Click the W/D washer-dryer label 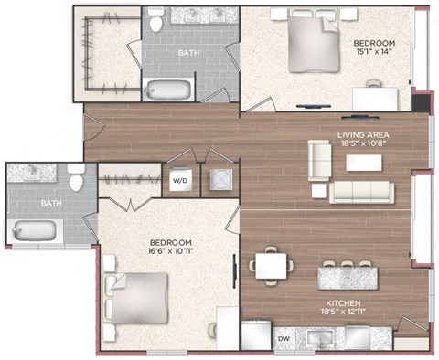tap(180, 180)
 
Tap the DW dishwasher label tap(284, 338)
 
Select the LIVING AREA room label tap(363, 135)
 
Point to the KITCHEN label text tap(343, 303)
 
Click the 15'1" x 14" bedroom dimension tap(372, 51)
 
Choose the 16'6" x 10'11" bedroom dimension tap(171, 251)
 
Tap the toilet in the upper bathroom tap(155, 20)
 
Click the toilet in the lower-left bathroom tap(76, 178)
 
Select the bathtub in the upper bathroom tap(167, 90)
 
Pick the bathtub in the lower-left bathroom tap(34, 230)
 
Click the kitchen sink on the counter tap(320, 339)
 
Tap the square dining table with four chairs tap(271, 266)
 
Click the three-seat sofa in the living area tap(361, 192)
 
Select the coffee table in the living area tap(364, 163)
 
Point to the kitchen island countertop tap(348, 278)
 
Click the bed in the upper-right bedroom tap(315, 41)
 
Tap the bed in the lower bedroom tap(136, 298)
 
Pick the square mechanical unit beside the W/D tap(221, 180)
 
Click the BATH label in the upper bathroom tap(188, 53)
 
